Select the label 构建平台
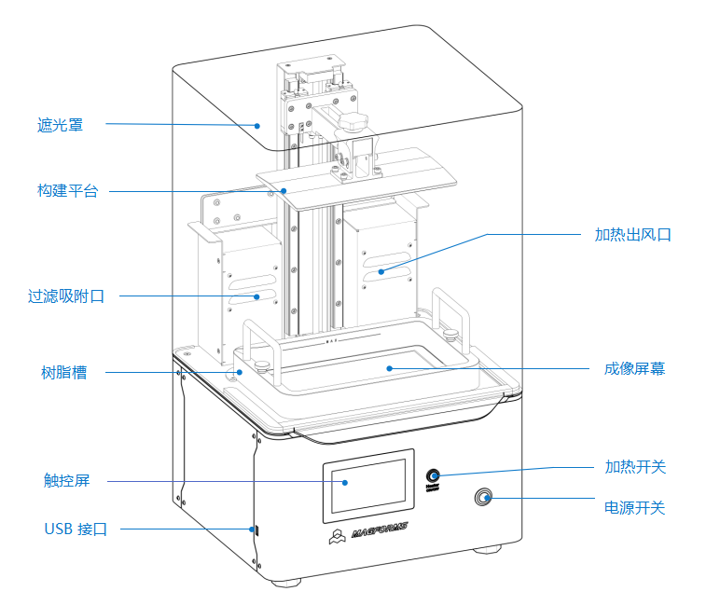pyautogui.click(x=67, y=191)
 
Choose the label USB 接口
pyautogui.click(x=76, y=529)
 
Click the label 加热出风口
pyautogui.click(x=632, y=235)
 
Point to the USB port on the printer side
pyautogui.click(x=257, y=530)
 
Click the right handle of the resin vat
pyautogui.click(x=451, y=317)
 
